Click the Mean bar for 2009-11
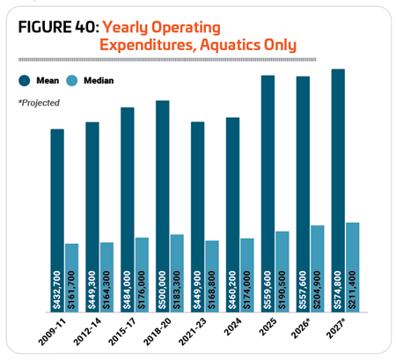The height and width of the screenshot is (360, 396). [x=57, y=221]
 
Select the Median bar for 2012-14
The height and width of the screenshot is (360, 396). [x=106, y=277]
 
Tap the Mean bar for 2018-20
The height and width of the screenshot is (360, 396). [x=163, y=206]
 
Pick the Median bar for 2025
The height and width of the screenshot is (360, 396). [x=282, y=272]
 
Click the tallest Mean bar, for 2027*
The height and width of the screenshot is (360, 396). [x=338, y=191]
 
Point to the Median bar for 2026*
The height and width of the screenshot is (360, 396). [x=318, y=268]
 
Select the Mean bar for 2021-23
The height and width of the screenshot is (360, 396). [x=198, y=217]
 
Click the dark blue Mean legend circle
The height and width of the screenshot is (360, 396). [x=25, y=80]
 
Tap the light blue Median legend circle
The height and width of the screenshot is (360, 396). [x=72, y=80]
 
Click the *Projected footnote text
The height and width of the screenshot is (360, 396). [x=39, y=103]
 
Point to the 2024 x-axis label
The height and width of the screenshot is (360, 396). [x=233, y=327]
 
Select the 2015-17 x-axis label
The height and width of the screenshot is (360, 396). [x=122, y=332]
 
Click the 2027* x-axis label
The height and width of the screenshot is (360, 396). [x=335, y=328]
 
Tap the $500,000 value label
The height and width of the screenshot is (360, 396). [x=162, y=290]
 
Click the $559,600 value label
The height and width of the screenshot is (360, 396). [x=268, y=290]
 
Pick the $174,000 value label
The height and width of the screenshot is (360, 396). [x=247, y=290]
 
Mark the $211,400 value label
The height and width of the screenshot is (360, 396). [x=352, y=290]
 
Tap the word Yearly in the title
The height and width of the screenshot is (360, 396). [x=125, y=28]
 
